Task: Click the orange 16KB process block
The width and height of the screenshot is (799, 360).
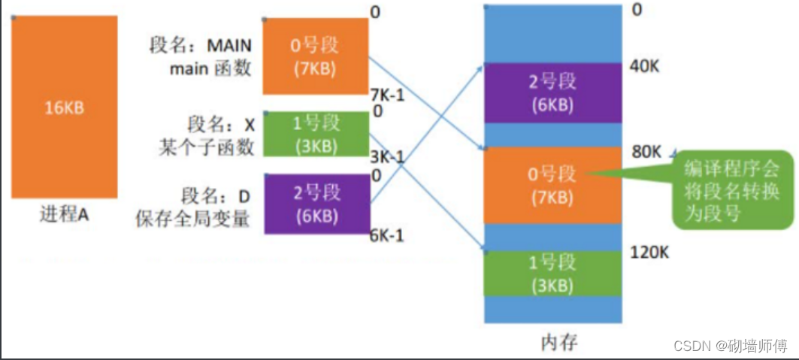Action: tap(64, 107)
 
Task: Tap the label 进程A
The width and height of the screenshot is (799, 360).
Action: tap(65, 214)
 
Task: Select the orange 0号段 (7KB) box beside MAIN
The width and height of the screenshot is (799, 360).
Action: tap(315, 56)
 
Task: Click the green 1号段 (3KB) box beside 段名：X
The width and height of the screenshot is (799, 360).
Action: tap(315, 134)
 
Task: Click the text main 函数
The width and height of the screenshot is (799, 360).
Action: tap(210, 70)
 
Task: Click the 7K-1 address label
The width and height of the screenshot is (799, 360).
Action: tap(389, 95)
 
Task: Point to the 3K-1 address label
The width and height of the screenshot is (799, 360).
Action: tap(388, 157)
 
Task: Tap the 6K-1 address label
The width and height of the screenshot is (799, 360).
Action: tap(388, 236)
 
